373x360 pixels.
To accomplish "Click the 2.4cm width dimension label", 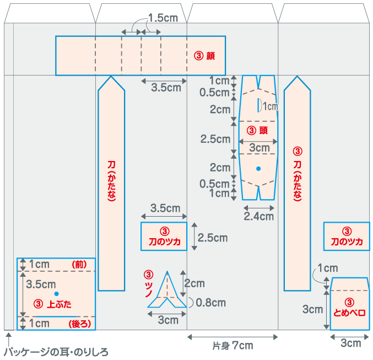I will (x=258, y=216).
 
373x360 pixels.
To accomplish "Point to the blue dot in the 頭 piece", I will (x=258, y=168).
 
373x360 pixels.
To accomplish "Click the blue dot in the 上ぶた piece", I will (x=56, y=294).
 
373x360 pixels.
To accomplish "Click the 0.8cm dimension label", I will (x=211, y=302).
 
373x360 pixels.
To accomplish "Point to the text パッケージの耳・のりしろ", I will (x=57, y=351).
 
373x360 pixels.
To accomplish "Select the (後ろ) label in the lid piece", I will (x=79, y=324).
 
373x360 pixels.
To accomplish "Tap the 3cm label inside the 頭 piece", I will (x=259, y=148).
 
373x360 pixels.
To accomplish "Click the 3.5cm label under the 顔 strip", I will (x=166, y=87).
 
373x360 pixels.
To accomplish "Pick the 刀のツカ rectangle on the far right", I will (x=347, y=237).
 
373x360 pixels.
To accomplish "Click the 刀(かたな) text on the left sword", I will (x=111, y=182).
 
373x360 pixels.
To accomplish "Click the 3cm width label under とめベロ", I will (x=350, y=343).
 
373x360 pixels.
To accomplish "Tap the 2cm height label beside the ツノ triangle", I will (x=194, y=283).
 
